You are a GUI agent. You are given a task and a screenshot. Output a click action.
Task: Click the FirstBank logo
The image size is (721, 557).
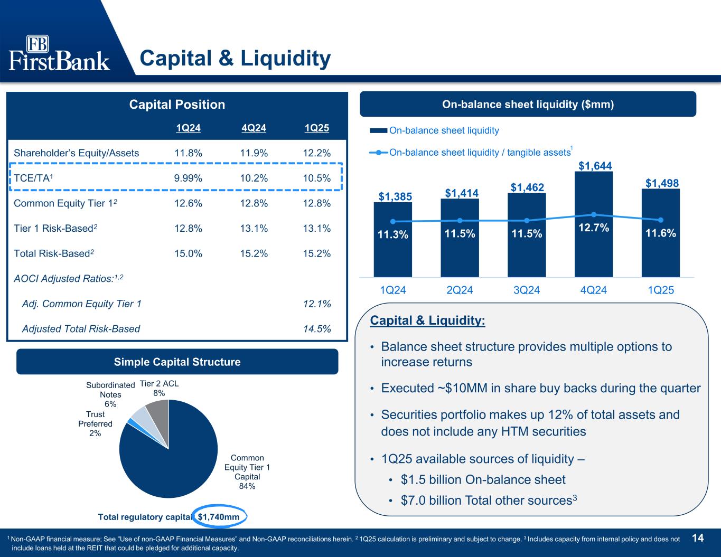[59, 53]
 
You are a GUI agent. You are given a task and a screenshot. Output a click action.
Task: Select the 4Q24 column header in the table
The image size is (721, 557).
[254, 128]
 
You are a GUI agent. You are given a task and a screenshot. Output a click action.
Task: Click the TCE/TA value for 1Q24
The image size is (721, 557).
[188, 178]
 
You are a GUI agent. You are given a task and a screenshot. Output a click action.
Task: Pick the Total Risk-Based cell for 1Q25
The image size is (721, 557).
[317, 253]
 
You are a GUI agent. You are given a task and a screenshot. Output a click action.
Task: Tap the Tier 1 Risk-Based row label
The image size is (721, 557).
[55, 228]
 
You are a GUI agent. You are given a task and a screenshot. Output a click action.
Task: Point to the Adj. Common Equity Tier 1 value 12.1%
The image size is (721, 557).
[317, 304]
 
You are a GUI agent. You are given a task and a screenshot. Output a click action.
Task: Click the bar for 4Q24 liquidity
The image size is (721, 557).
[594, 224]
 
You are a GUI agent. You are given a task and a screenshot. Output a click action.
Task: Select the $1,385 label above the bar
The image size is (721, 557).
[395, 196]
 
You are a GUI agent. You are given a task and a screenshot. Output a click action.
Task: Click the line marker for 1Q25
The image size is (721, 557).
[661, 220]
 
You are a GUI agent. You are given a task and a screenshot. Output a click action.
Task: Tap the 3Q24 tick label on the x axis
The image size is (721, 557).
[527, 290]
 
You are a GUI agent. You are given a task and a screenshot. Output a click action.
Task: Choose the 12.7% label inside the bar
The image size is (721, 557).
[594, 228]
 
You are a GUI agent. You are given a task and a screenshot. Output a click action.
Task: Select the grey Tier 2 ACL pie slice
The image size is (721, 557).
[158, 414]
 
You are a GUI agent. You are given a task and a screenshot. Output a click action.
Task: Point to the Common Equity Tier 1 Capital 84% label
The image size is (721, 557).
[247, 472]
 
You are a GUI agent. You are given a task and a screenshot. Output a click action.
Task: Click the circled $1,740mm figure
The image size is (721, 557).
[219, 516]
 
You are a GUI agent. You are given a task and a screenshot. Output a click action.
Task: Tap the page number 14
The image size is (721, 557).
[698, 538]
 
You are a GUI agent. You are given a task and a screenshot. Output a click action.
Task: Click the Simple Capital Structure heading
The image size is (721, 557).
[177, 362]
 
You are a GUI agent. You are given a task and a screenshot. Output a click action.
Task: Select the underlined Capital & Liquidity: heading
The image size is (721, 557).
[427, 320]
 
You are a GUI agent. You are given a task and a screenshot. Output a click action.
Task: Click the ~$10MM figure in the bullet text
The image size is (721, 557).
[463, 388]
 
